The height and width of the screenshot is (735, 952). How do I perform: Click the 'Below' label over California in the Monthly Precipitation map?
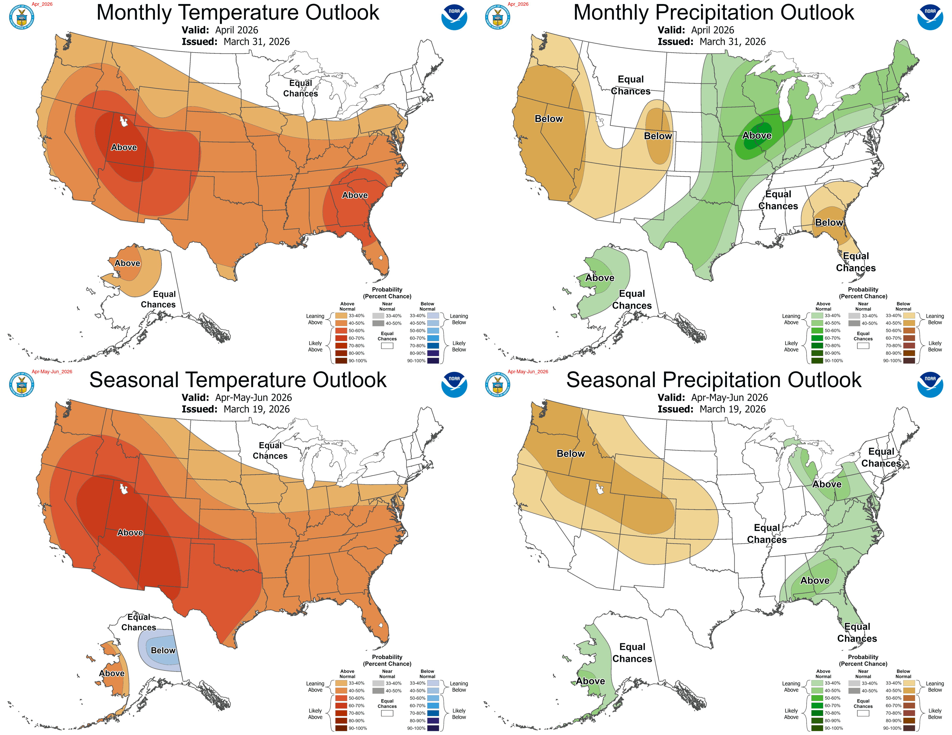549,119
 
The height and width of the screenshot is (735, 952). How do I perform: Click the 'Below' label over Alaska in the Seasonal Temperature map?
163,650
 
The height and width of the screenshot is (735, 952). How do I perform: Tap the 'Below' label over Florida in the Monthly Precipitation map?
829,222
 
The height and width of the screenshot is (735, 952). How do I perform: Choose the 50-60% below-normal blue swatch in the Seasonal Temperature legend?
433,698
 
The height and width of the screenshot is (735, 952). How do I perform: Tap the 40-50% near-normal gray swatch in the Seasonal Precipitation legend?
854,691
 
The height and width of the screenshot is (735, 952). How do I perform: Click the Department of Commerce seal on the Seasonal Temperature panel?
22,385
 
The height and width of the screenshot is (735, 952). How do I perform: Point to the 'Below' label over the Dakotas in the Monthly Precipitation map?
658,136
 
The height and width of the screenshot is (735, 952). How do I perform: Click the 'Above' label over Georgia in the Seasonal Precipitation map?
815,580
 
